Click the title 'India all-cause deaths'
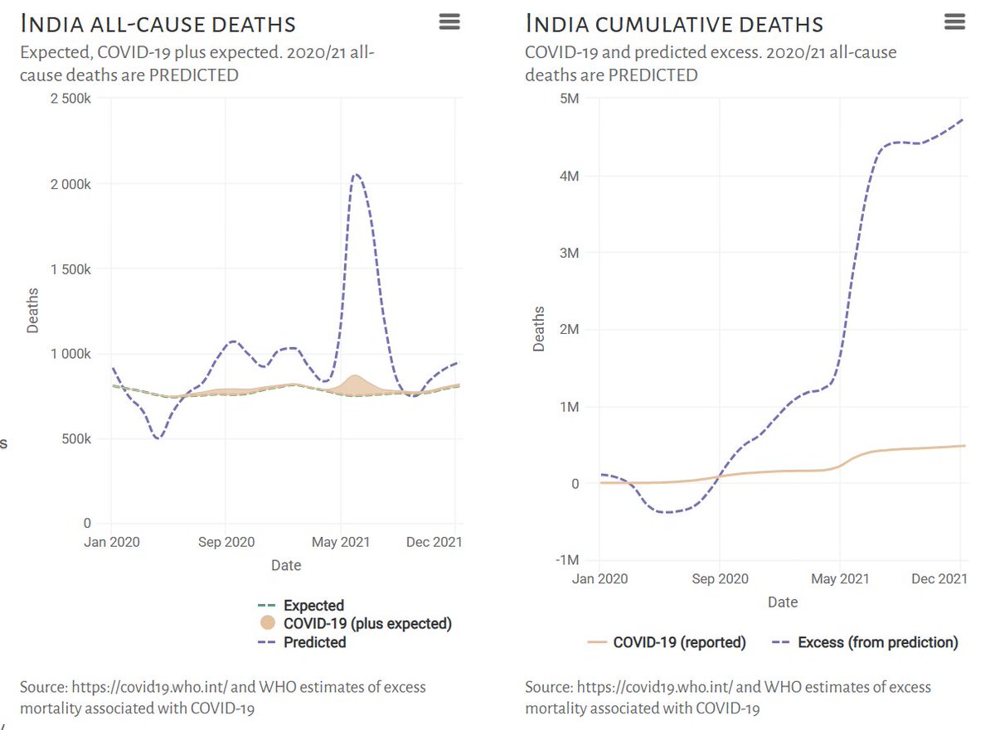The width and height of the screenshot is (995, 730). point(158,23)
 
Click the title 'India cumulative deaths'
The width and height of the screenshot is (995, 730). point(674,23)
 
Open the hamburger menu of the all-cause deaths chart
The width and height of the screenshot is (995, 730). point(449,22)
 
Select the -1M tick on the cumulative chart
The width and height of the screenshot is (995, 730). point(567,560)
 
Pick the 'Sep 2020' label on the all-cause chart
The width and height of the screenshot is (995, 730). point(226,543)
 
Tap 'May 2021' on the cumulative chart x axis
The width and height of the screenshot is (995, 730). point(841,579)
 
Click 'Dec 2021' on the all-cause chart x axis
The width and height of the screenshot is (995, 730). point(434,543)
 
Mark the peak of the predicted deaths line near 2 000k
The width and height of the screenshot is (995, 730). point(356,174)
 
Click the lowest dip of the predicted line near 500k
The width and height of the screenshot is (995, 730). point(157,438)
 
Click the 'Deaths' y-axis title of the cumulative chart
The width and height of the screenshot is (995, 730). point(540,329)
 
